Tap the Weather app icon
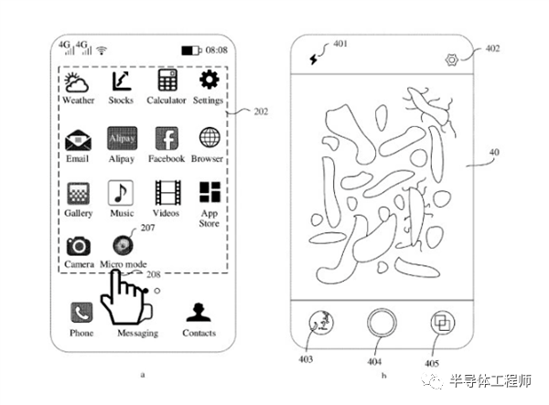point(76,82)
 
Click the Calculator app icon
point(167,80)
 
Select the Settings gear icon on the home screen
point(209,80)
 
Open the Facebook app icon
point(167,138)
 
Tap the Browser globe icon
point(210,137)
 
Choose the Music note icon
point(121,193)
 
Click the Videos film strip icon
point(167,193)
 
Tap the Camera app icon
point(79,246)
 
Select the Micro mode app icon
point(123,245)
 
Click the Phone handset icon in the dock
point(81,313)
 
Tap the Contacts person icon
point(199,313)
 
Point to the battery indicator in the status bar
point(191,50)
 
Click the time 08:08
point(216,50)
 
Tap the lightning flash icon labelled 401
point(314,59)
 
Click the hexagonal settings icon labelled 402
point(452,60)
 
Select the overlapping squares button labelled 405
point(442,323)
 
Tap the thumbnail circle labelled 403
point(321,323)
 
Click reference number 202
point(261,112)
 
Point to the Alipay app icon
point(123,138)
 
